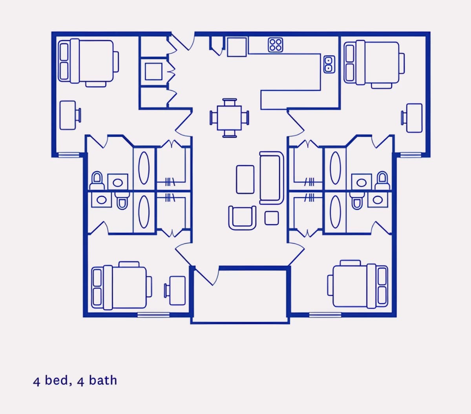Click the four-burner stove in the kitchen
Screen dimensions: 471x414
[x=276, y=45]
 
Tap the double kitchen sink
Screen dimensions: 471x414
[x=329, y=64]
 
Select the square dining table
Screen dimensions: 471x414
[x=229, y=118]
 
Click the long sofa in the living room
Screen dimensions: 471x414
[x=272, y=178]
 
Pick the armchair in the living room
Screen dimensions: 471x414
[x=242, y=218]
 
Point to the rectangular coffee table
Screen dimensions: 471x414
[x=245, y=179]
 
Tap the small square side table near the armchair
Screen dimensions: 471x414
[x=272, y=218]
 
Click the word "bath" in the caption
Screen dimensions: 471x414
[x=103, y=380]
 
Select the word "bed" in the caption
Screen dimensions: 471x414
[x=57, y=380]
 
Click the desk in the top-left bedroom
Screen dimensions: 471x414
[x=68, y=115]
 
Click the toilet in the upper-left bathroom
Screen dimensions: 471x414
[x=97, y=181]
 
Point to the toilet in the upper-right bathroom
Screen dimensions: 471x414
[x=382, y=181]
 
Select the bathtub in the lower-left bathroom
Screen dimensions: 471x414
[x=144, y=212]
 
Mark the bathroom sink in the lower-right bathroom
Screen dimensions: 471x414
[x=378, y=200]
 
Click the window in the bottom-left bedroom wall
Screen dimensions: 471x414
[x=153, y=315]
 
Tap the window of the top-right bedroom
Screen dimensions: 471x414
[x=411, y=155]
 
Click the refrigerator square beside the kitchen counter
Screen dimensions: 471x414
[x=237, y=47]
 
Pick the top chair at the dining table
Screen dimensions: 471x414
[x=230, y=102]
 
